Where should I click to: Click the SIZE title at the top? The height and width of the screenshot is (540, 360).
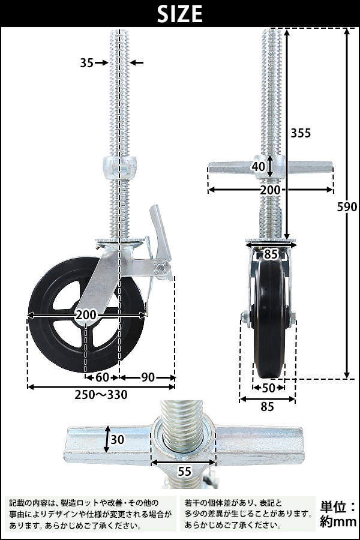point(179,14)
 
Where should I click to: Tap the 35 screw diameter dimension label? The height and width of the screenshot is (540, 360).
point(87,62)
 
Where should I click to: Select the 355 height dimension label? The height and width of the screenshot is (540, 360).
point(301,133)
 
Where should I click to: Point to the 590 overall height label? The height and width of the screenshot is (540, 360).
point(347,206)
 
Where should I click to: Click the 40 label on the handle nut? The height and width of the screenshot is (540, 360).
point(259,166)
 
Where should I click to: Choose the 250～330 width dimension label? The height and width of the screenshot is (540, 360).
point(101,395)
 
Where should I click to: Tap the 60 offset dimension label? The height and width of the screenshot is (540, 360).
point(103,377)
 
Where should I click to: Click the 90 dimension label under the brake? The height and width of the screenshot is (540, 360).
point(148,377)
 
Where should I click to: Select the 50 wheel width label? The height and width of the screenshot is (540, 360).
point(268,388)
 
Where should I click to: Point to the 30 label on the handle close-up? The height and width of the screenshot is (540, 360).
point(118,439)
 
